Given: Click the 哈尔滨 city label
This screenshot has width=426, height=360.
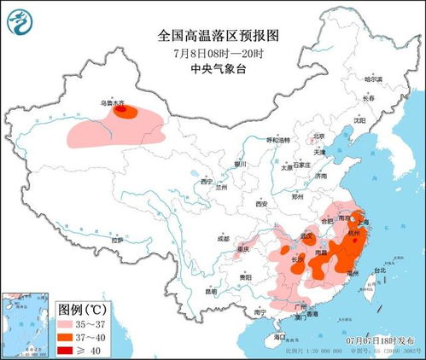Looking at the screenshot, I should pyautogui.click(x=373, y=79).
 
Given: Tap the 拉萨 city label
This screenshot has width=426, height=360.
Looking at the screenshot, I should pyautogui.click(x=116, y=241).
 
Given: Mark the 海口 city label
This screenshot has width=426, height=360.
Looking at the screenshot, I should pyautogui.click(x=280, y=337).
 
